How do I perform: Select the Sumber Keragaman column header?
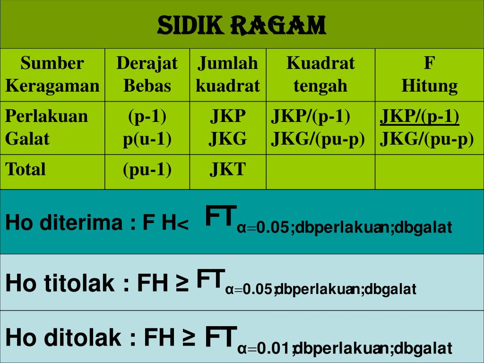(x=52, y=74)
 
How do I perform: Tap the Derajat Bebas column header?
(x=147, y=74)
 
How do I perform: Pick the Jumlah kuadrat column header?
(x=228, y=74)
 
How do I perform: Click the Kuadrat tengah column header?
(x=320, y=74)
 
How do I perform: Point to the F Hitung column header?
(x=429, y=74)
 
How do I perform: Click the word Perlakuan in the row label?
(x=46, y=116)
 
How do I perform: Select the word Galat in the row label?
(x=27, y=139)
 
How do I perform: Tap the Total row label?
(x=26, y=169)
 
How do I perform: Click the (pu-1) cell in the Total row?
(x=147, y=169)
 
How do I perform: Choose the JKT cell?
(x=228, y=169)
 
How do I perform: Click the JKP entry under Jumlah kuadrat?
(x=228, y=116)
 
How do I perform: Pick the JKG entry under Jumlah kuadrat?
(x=228, y=139)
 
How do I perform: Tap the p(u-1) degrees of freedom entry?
(x=147, y=139)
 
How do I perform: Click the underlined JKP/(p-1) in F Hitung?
(x=420, y=116)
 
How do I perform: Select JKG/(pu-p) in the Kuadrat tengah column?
(x=318, y=139)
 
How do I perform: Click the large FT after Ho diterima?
(x=221, y=216)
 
